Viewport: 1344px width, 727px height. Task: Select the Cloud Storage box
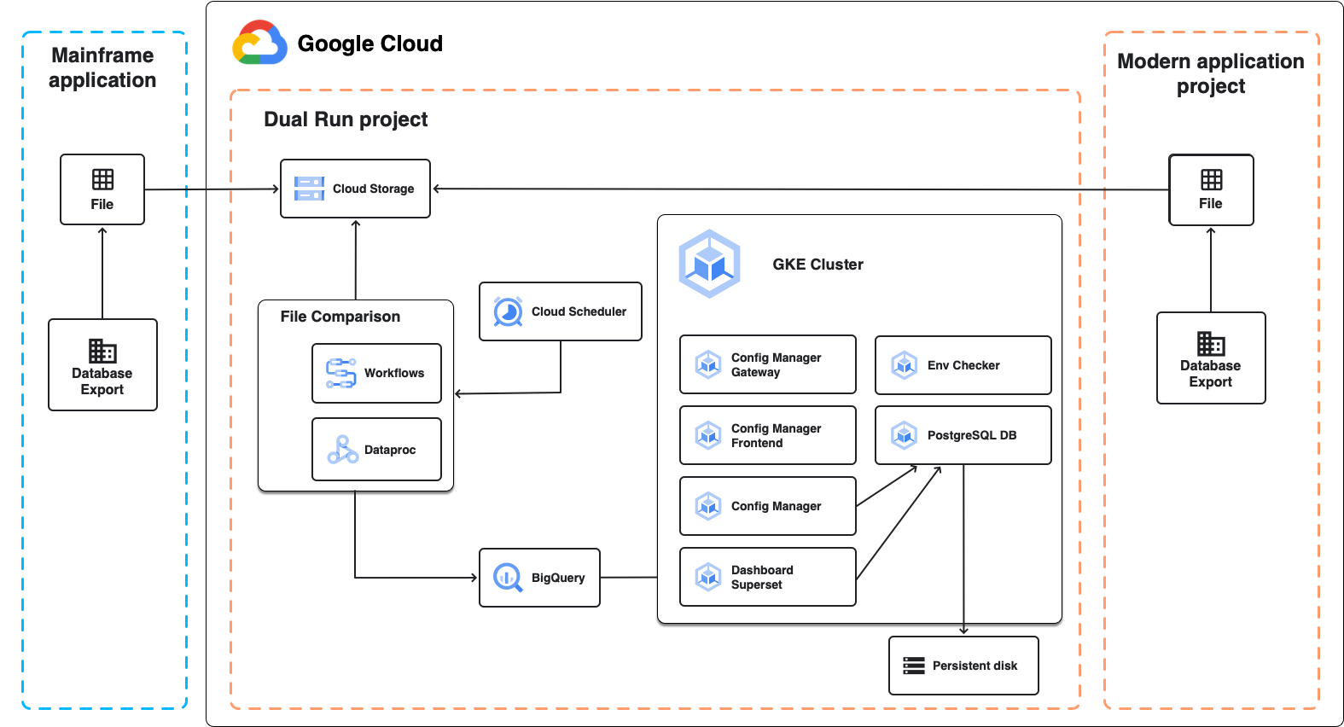point(355,189)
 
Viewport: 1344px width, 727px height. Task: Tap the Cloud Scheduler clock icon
point(508,311)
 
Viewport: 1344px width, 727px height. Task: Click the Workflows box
point(376,373)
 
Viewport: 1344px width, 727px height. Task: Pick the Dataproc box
point(376,449)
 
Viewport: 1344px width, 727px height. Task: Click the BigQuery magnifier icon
point(508,578)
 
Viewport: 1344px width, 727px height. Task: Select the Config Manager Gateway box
point(767,364)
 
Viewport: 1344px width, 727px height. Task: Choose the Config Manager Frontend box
point(767,435)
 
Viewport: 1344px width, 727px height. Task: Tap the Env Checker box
point(963,365)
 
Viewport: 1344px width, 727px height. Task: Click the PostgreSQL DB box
point(963,435)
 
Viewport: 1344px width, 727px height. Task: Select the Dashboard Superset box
point(767,577)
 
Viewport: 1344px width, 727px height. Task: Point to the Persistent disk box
point(963,666)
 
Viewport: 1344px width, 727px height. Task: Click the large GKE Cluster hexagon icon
point(709,264)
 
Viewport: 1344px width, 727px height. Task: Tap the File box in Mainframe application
point(102,189)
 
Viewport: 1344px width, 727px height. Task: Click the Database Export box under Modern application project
point(1210,358)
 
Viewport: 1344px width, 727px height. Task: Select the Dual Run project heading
point(346,119)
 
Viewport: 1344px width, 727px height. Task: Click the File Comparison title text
point(340,317)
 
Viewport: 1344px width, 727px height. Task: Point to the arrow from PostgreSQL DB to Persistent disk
point(963,555)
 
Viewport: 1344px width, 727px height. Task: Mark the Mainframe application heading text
point(102,67)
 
